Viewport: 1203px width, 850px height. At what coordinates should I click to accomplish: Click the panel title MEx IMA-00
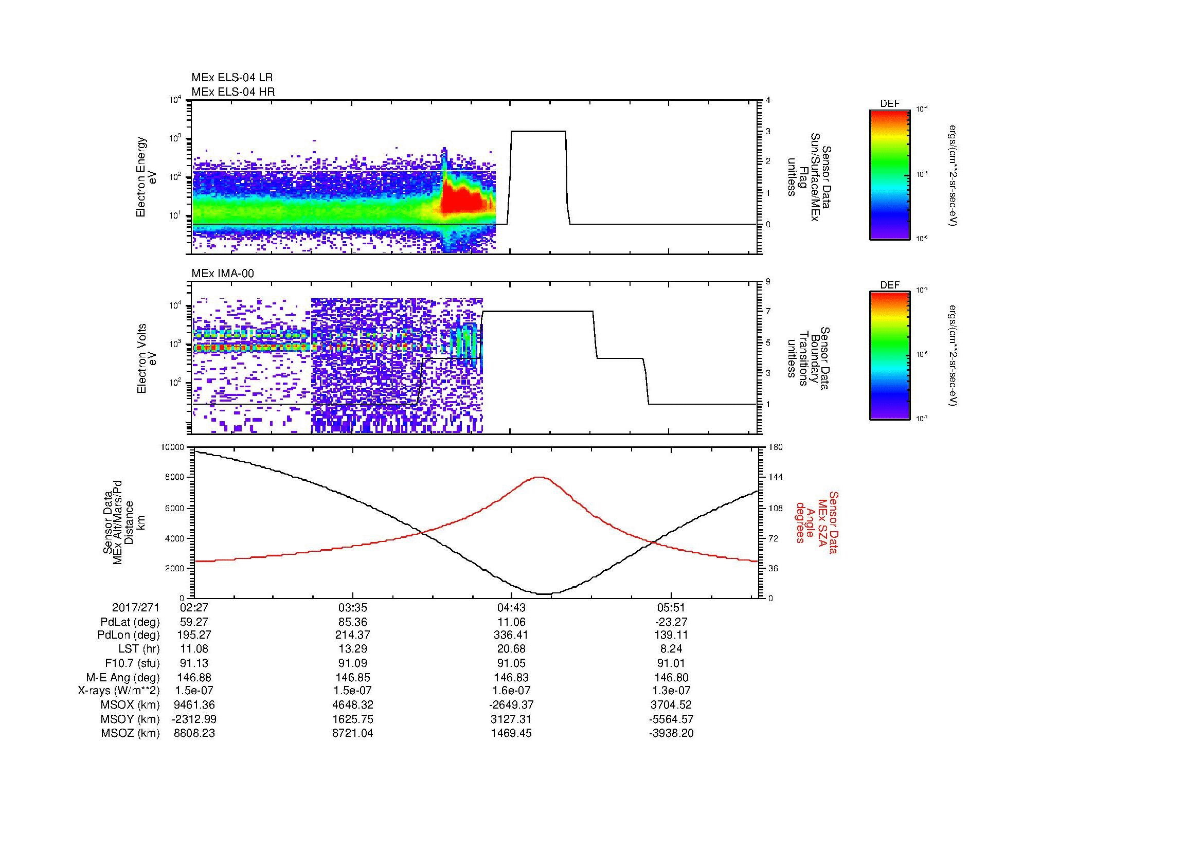click(x=223, y=274)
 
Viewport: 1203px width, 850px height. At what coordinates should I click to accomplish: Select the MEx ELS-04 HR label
click(x=233, y=92)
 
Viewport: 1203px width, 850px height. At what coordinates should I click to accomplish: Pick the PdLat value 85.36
click(x=353, y=622)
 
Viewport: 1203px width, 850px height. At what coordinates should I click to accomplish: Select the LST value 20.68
click(x=511, y=649)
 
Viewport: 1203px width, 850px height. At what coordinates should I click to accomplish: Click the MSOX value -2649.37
click(x=511, y=705)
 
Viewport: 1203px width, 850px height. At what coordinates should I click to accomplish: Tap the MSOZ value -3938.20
click(x=671, y=733)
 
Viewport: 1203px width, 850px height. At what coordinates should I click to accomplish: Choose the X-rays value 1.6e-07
click(x=511, y=691)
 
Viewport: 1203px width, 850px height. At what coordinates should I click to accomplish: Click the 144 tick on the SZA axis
click(x=775, y=477)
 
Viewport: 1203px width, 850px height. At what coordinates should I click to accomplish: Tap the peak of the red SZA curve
click(x=540, y=477)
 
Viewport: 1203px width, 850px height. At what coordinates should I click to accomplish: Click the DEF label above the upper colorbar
click(x=890, y=104)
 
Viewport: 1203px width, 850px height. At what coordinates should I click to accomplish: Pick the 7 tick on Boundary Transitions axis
click(x=768, y=312)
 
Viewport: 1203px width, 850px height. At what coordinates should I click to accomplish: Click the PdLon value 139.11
click(x=671, y=635)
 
